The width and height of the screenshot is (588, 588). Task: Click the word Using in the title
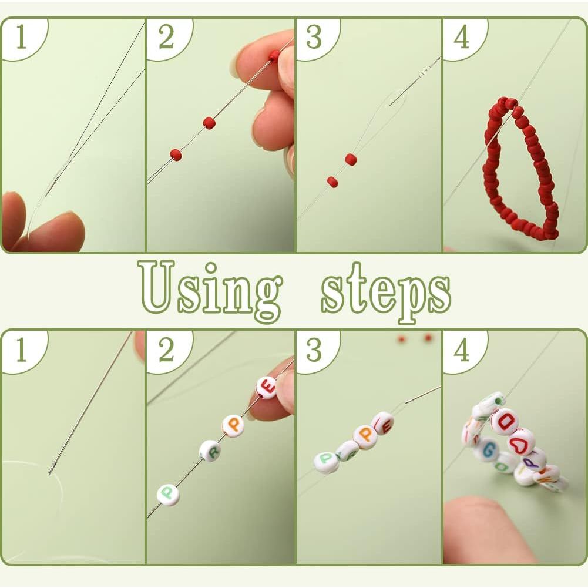pyautogui.click(x=211, y=290)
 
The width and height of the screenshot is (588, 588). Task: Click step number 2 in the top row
pyautogui.click(x=166, y=37)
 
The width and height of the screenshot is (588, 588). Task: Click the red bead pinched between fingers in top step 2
pyautogui.click(x=274, y=55)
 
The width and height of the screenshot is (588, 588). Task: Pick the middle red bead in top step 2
pyautogui.click(x=209, y=123)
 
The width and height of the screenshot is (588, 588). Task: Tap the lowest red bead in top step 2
pyautogui.click(x=176, y=154)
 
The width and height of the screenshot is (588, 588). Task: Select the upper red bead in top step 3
pyautogui.click(x=351, y=159)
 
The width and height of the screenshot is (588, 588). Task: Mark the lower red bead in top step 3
pyautogui.click(x=332, y=182)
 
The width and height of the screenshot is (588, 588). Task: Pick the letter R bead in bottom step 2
pyautogui.click(x=210, y=451)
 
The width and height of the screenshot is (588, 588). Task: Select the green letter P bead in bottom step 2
pyautogui.click(x=168, y=495)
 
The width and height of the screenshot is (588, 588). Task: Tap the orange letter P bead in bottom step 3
pyautogui.click(x=366, y=434)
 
